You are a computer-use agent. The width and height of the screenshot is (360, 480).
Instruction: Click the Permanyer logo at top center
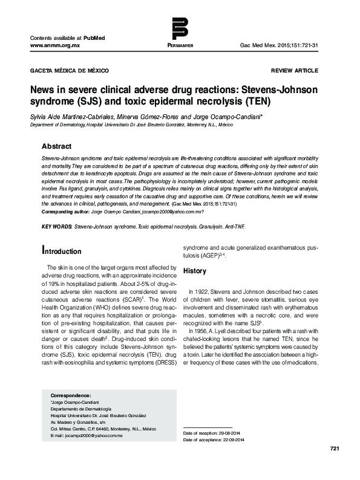coord(180,30)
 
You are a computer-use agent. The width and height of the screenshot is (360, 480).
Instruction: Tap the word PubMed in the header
coord(94,37)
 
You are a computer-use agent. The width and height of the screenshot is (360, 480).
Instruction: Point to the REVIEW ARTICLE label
coord(294,71)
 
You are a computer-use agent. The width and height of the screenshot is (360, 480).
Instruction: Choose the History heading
coord(195,270)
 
